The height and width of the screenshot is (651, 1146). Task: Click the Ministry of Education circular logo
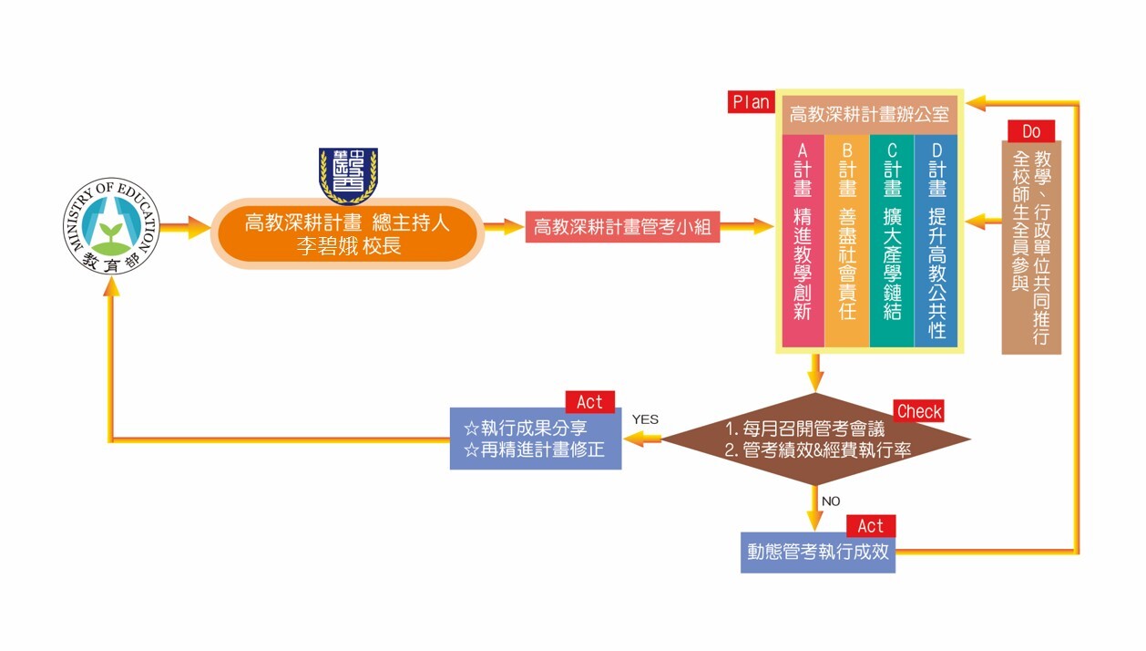pos(112,226)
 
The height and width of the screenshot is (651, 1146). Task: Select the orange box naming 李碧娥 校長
pos(347,234)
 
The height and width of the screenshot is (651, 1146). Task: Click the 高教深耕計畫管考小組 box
pos(623,227)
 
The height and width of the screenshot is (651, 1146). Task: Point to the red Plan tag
pos(751,102)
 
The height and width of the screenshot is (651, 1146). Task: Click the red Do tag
pos(1031,131)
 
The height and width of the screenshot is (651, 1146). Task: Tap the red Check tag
pos(919,411)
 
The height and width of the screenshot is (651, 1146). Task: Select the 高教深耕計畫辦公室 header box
pos(869,115)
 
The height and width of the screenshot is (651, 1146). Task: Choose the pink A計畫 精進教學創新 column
pos(803,242)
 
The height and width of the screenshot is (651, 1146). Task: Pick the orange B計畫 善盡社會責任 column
pos(847,242)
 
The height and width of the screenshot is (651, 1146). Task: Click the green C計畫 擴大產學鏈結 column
pos(892,242)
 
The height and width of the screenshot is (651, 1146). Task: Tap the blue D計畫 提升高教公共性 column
pos(936,242)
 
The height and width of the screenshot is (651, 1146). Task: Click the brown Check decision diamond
pos(815,439)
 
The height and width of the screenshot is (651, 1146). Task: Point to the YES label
pos(645,419)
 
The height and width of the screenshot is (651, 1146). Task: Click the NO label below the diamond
pos(830,501)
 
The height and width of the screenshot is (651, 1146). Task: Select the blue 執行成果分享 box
pos(535,439)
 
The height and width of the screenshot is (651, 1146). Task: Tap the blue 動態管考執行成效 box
pos(817,552)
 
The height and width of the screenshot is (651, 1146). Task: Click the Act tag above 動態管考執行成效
pos(870,526)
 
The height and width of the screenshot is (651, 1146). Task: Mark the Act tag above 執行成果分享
pos(589,402)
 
